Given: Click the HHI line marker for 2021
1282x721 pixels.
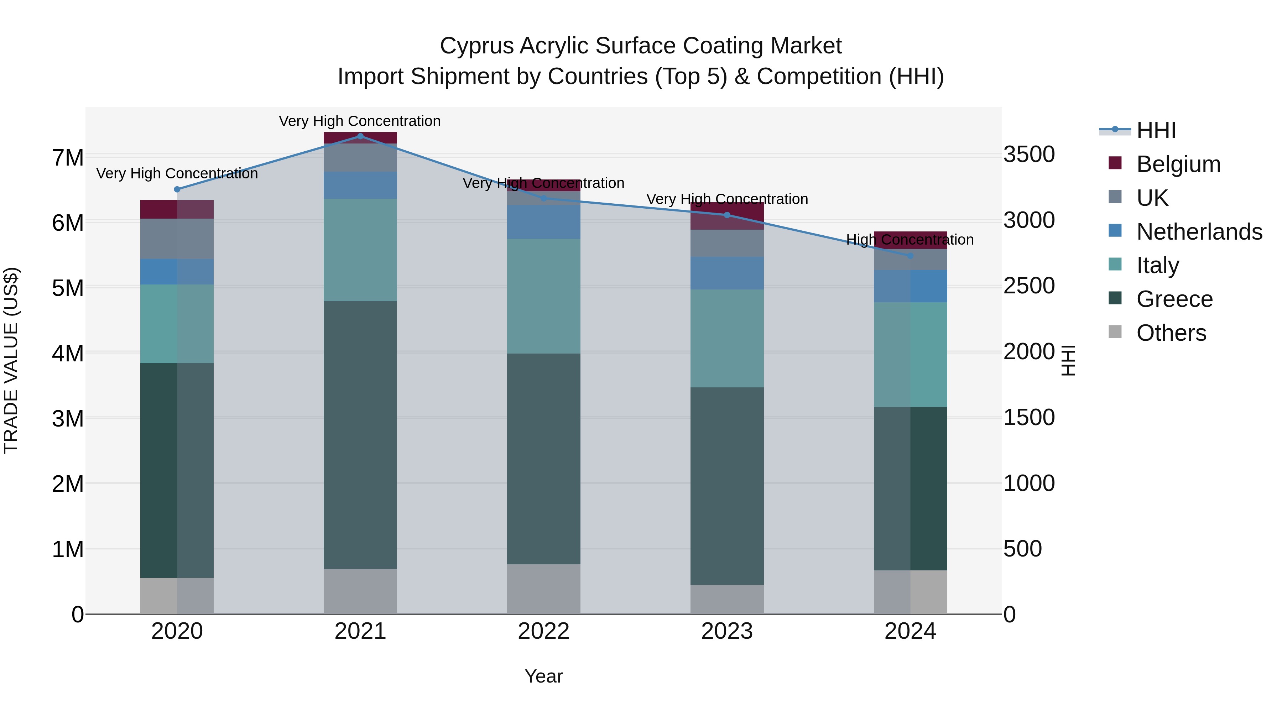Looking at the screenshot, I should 360,136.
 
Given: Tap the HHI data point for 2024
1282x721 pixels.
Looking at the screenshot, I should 910,256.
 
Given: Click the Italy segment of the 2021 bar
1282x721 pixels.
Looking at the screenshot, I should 360,250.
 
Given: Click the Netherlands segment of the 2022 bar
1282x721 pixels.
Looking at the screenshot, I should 543,222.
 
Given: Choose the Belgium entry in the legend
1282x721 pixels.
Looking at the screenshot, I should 1178,164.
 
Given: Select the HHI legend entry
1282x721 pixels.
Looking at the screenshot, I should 1156,130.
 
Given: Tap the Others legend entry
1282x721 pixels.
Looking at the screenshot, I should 1171,333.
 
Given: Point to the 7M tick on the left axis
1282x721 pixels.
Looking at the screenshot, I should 68,158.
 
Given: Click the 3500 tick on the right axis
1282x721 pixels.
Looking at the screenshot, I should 1029,154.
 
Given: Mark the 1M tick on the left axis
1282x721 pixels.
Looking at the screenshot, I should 68,549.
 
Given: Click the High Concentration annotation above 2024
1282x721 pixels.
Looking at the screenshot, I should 910,240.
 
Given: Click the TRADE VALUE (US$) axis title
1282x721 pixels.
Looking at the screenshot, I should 11,360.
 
